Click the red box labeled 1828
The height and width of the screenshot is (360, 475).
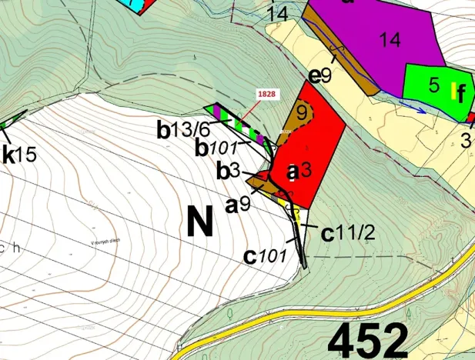coord(266,93)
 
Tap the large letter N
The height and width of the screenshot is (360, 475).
coord(199,222)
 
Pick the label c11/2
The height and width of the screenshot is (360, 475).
coord(347,232)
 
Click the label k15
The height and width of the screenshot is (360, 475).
coord(19,154)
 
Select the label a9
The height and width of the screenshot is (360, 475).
coord(237,205)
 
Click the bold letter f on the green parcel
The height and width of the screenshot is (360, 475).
coord(460,95)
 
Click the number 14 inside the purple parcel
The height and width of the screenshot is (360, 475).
coord(390,40)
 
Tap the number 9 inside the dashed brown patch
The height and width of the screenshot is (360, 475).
coord(302,112)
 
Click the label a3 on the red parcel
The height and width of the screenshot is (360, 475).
coord(297,170)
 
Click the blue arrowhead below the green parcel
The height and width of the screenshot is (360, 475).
coord(421,109)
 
